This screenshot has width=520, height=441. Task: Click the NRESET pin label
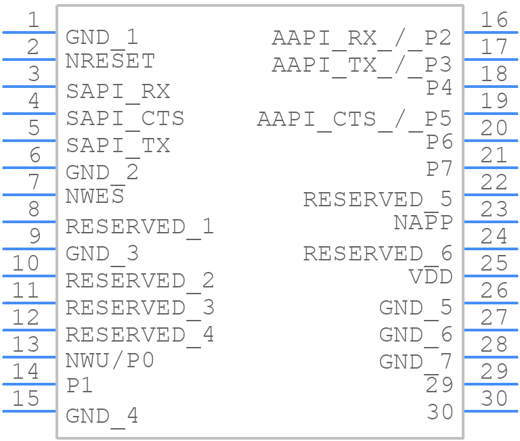[110, 61]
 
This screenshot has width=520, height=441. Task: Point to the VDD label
[431, 276]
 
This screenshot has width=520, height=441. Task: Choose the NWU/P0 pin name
[110, 360]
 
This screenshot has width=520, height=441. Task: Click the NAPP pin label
[423, 222]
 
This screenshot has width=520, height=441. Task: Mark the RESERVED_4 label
[139, 336]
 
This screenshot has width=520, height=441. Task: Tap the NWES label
[95, 196]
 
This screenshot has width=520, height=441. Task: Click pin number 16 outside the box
[494, 20]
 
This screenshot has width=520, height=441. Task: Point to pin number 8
[34, 209]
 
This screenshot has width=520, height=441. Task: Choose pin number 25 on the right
[494, 263]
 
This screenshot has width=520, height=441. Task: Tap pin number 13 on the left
[26, 344]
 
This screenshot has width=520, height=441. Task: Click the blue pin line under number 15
[29, 411]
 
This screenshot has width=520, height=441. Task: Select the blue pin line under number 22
[491, 195]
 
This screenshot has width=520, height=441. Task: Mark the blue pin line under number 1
[29, 32]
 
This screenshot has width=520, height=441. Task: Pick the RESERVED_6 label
[378, 255]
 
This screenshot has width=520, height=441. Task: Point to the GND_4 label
[102, 417]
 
